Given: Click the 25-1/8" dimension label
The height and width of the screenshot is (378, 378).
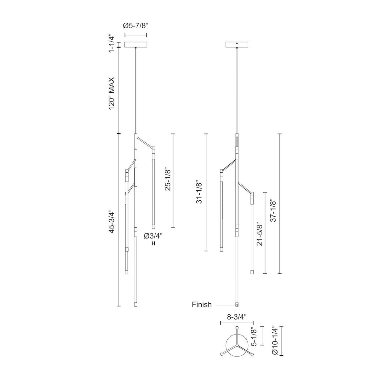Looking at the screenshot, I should [168, 180].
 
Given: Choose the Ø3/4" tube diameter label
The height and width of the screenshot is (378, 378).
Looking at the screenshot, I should [154, 236].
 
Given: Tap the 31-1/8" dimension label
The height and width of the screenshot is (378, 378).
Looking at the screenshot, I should [199, 192].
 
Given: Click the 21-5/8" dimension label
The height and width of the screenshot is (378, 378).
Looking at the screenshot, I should [260, 235].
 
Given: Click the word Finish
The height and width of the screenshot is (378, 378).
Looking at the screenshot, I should [202, 305].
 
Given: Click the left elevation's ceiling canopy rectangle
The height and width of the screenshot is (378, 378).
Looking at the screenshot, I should [136, 45].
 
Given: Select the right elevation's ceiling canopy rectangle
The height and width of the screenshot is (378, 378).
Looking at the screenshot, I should [237, 45].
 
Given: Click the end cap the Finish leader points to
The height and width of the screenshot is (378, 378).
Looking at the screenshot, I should [237, 305].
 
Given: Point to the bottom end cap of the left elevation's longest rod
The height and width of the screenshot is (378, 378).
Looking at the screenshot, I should [136, 305].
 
